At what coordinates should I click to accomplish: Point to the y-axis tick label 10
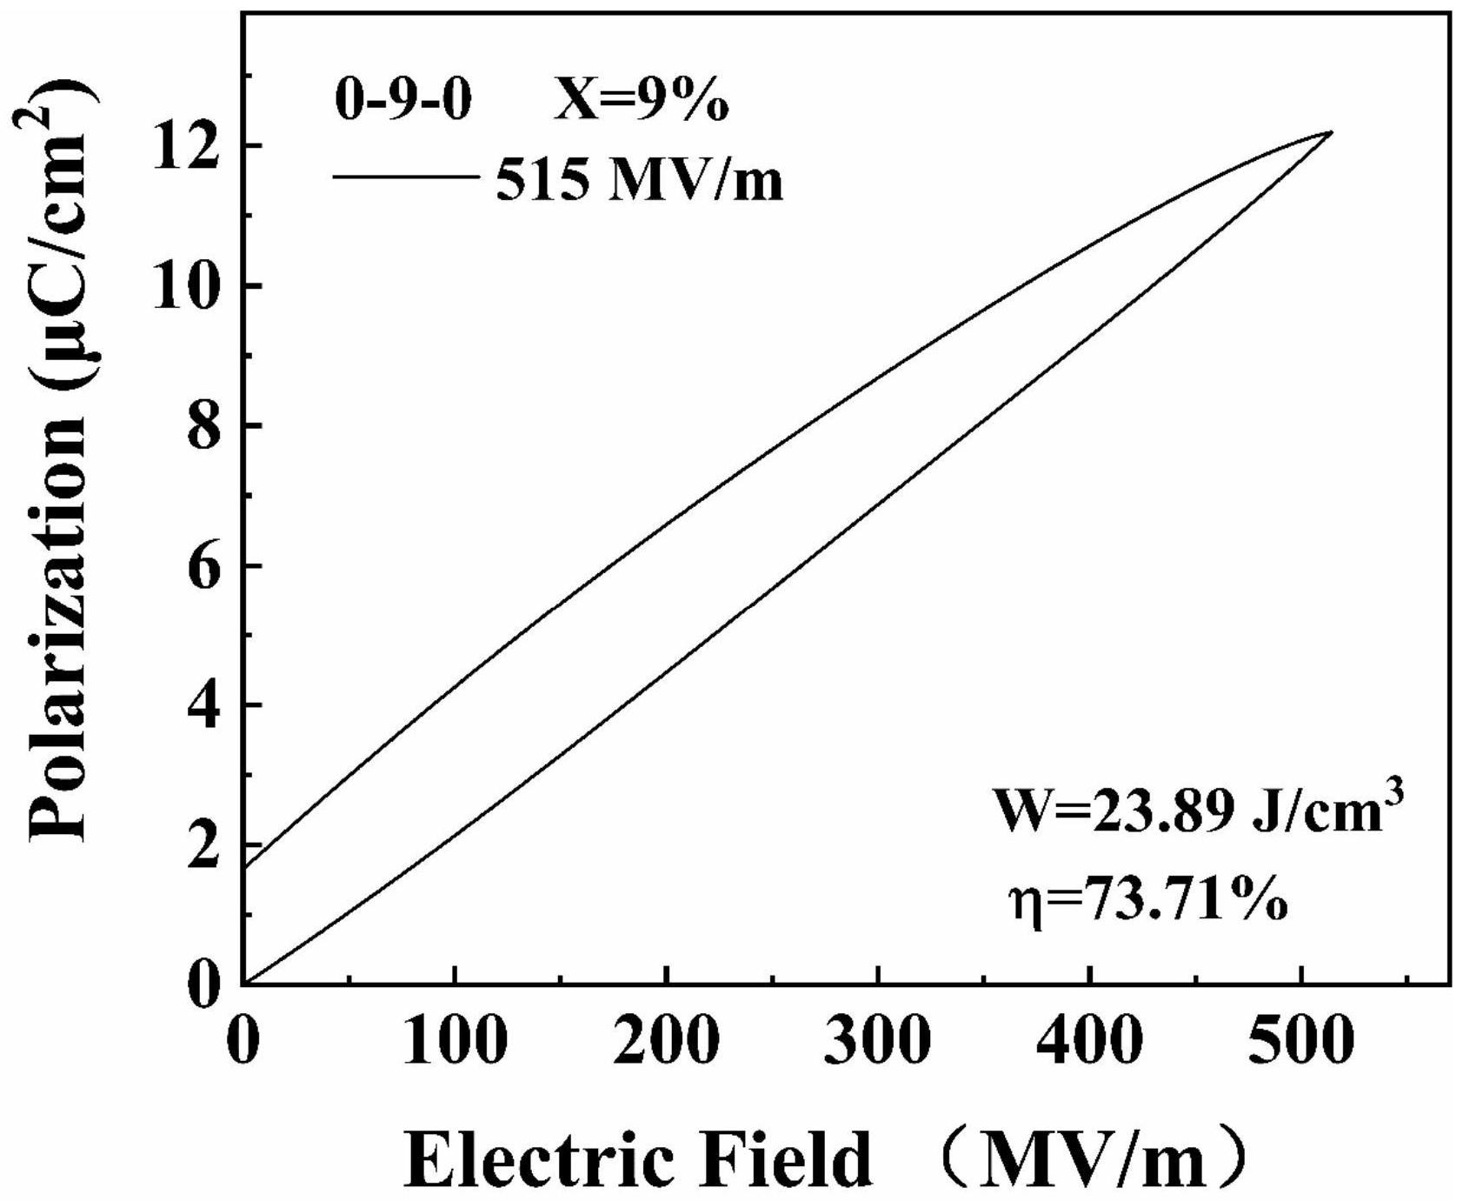(188, 286)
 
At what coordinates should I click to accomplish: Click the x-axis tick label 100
(454, 1040)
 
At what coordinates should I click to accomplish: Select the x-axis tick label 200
(666, 1040)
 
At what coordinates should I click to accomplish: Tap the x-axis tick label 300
(878, 1040)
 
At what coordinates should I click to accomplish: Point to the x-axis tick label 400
(1089, 1040)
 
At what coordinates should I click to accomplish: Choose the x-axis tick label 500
(1301, 1040)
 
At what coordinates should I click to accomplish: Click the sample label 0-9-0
(403, 102)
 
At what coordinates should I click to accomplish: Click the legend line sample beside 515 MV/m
(405, 177)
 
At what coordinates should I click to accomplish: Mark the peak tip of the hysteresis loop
(1331, 132)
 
